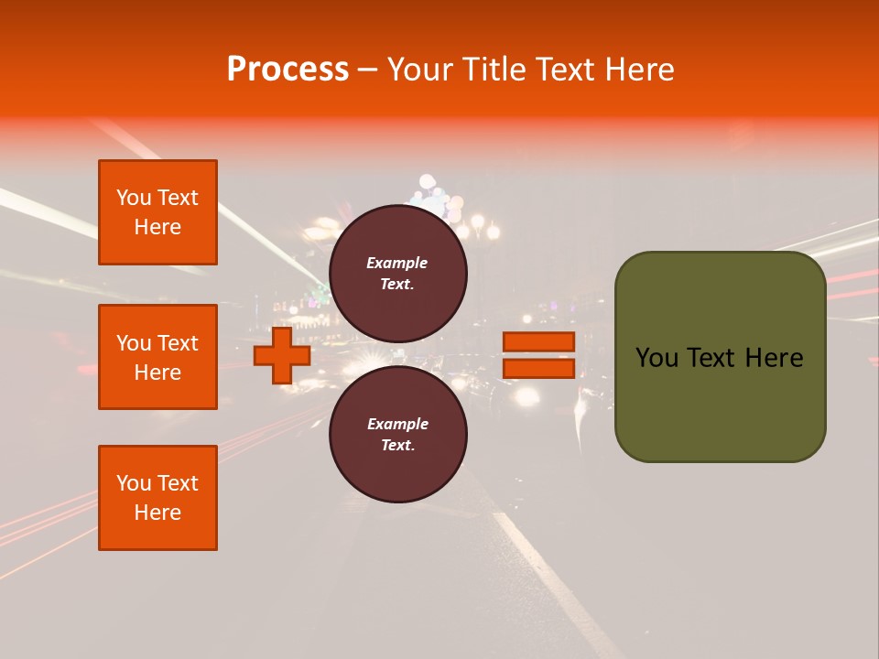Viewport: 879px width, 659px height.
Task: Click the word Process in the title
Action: (x=288, y=70)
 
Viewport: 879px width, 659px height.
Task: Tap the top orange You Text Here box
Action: (x=157, y=212)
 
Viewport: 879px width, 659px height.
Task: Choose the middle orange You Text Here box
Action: (x=157, y=357)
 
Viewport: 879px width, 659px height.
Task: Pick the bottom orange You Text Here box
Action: (x=157, y=498)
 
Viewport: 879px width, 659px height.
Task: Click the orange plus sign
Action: (x=281, y=356)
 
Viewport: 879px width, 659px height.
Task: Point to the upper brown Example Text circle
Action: (x=397, y=273)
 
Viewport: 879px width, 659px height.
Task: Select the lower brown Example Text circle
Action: (x=397, y=435)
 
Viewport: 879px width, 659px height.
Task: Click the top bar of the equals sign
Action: (x=538, y=342)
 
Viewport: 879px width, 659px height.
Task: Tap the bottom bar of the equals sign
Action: (x=538, y=368)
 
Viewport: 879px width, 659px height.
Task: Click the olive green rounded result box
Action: (x=720, y=403)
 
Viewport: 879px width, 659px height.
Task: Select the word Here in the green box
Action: (x=774, y=358)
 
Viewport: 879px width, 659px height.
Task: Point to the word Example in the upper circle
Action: (x=397, y=263)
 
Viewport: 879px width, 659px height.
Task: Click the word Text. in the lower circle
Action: (x=397, y=446)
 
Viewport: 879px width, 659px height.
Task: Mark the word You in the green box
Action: (x=656, y=358)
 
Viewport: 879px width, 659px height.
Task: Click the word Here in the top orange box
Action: (x=157, y=227)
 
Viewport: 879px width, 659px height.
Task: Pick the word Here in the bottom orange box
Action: (x=157, y=513)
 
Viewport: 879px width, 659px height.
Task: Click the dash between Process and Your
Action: (x=367, y=70)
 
